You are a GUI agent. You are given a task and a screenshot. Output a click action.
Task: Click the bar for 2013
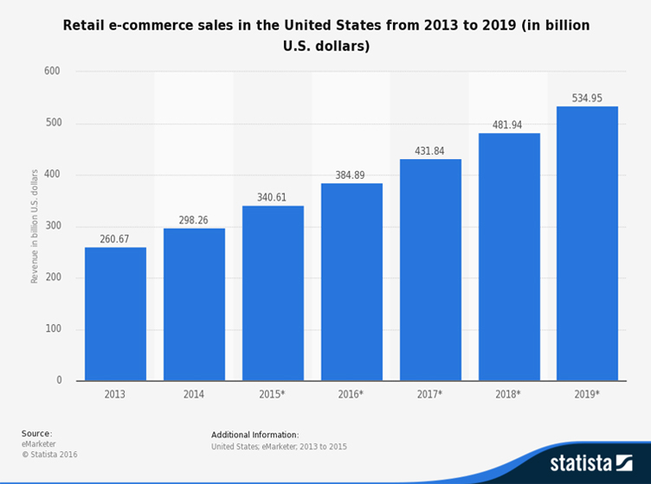(x=115, y=314)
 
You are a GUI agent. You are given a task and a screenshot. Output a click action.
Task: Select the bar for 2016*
(x=351, y=282)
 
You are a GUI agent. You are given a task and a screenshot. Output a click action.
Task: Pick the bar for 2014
(x=194, y=304)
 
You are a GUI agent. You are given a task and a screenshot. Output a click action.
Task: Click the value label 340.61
(x=273, y=198)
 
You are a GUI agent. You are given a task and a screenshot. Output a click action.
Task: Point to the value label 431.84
(x=430, y=151)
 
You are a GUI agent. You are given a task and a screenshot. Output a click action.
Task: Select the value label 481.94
(x=509, y=125)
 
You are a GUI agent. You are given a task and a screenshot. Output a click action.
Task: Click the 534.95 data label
(x=587, y=99)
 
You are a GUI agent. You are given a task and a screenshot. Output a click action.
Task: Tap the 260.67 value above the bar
(x=115, y=239)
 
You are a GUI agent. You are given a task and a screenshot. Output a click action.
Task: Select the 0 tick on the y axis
(x=59, y=380)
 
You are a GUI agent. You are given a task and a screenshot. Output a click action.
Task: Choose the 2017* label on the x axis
(x=430, y=394)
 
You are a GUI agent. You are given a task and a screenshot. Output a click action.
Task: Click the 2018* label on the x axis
(x=509, y=394)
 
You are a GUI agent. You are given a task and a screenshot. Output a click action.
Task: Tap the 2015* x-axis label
(x=273, y=394)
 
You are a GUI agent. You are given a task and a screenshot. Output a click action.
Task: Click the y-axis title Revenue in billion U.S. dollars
(x=35, y=226)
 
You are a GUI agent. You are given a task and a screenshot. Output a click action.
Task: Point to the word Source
(x=36, y=433)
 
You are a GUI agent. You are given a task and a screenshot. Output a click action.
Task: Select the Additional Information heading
(x=255, y=435)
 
